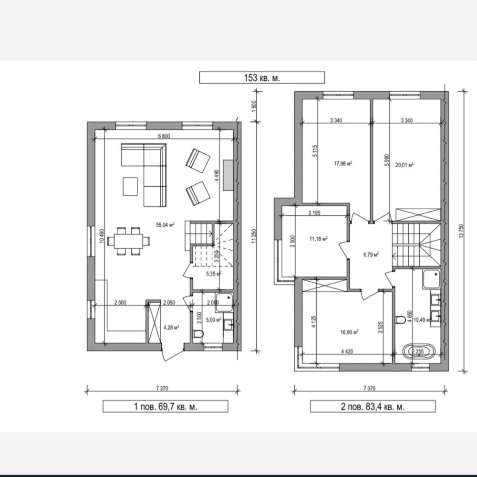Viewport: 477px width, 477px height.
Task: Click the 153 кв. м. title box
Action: point(262,77)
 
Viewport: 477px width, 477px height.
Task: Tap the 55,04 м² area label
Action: point(165,225)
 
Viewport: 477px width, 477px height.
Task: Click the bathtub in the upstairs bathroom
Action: point(418,352)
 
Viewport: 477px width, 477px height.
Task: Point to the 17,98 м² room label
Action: point(343,164)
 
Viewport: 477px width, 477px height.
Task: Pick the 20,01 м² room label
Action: point(404,165)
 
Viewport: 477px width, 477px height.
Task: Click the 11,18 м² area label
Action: point(319,239)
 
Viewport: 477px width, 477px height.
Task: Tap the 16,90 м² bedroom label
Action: point(349,332)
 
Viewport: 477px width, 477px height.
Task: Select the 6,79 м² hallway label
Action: point(371,254)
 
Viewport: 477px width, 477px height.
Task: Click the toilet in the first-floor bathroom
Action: point(198,334)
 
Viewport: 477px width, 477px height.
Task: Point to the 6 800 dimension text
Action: point(164,136)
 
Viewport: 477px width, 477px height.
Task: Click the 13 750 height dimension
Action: point(461,231)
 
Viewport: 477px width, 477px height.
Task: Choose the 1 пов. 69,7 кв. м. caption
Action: point(166,406)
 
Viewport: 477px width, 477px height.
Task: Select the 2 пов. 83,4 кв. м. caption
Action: point(373,406)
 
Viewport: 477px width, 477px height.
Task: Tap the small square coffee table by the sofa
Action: point(130,186)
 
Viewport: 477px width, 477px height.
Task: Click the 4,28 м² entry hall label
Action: point(171,328)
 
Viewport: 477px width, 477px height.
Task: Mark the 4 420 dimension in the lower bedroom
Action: point(347,351)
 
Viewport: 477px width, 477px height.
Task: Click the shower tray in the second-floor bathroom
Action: point(431,279)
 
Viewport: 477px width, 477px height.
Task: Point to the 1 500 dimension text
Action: point(254,106)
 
